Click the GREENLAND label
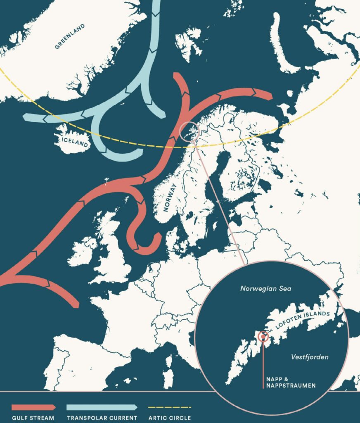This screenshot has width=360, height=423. point(70,36)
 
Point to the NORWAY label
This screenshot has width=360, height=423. point(170,197)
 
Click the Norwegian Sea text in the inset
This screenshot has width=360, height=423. point(266,289)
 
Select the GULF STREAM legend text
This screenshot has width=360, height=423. point(33,418)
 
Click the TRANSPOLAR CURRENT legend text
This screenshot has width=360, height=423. point(102,418)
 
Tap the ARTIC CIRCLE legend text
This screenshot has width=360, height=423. point(170,418)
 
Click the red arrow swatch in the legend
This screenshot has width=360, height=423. point(33,407)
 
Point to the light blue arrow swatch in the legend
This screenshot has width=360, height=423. point(102,407)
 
